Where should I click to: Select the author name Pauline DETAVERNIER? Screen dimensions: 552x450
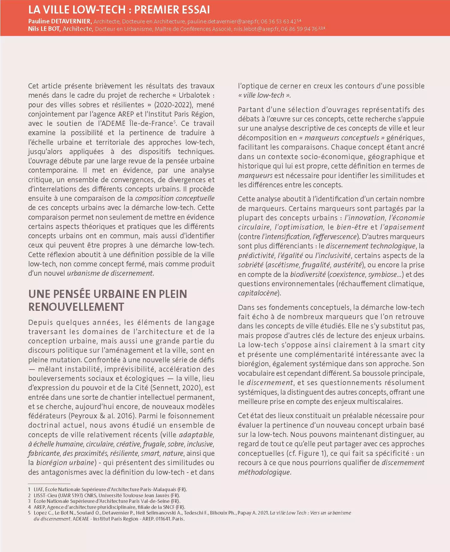60,21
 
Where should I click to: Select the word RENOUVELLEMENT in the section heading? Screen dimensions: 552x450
76,307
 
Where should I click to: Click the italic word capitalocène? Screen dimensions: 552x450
258,293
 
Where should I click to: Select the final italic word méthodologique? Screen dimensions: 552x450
264,472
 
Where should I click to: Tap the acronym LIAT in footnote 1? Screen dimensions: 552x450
38,489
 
